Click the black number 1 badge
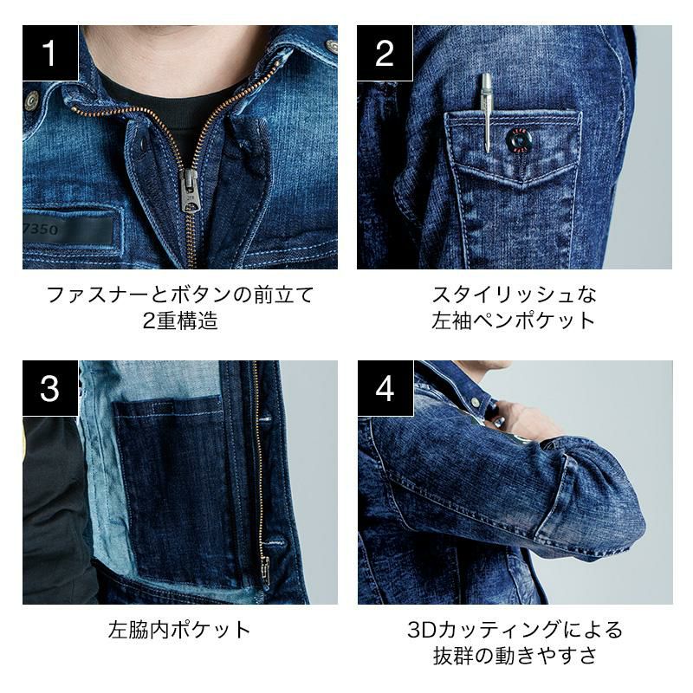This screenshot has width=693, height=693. (x=50, y=53)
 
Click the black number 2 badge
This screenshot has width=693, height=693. (x=385, y=53)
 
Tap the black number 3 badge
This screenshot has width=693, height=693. (x=50, y=388)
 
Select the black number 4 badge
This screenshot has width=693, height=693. (x=385, y=388)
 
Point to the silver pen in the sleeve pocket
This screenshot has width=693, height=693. (x=487, y=113)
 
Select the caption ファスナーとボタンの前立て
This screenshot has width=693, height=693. (x=180, y=295)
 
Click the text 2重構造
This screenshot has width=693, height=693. (x=180, y=321)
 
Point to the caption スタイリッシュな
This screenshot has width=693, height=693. (x=515, y=295)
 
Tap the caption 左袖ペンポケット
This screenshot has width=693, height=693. (x=515, y=321)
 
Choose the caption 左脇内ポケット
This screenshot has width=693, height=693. (x=179, y=630)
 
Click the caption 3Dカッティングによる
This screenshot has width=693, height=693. (x=515, y=630)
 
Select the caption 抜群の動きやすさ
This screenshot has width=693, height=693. (x=515, y=656)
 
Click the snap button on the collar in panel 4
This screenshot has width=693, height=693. (x=475, y=402)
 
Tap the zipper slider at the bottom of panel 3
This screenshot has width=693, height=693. (x=265, y=568)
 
